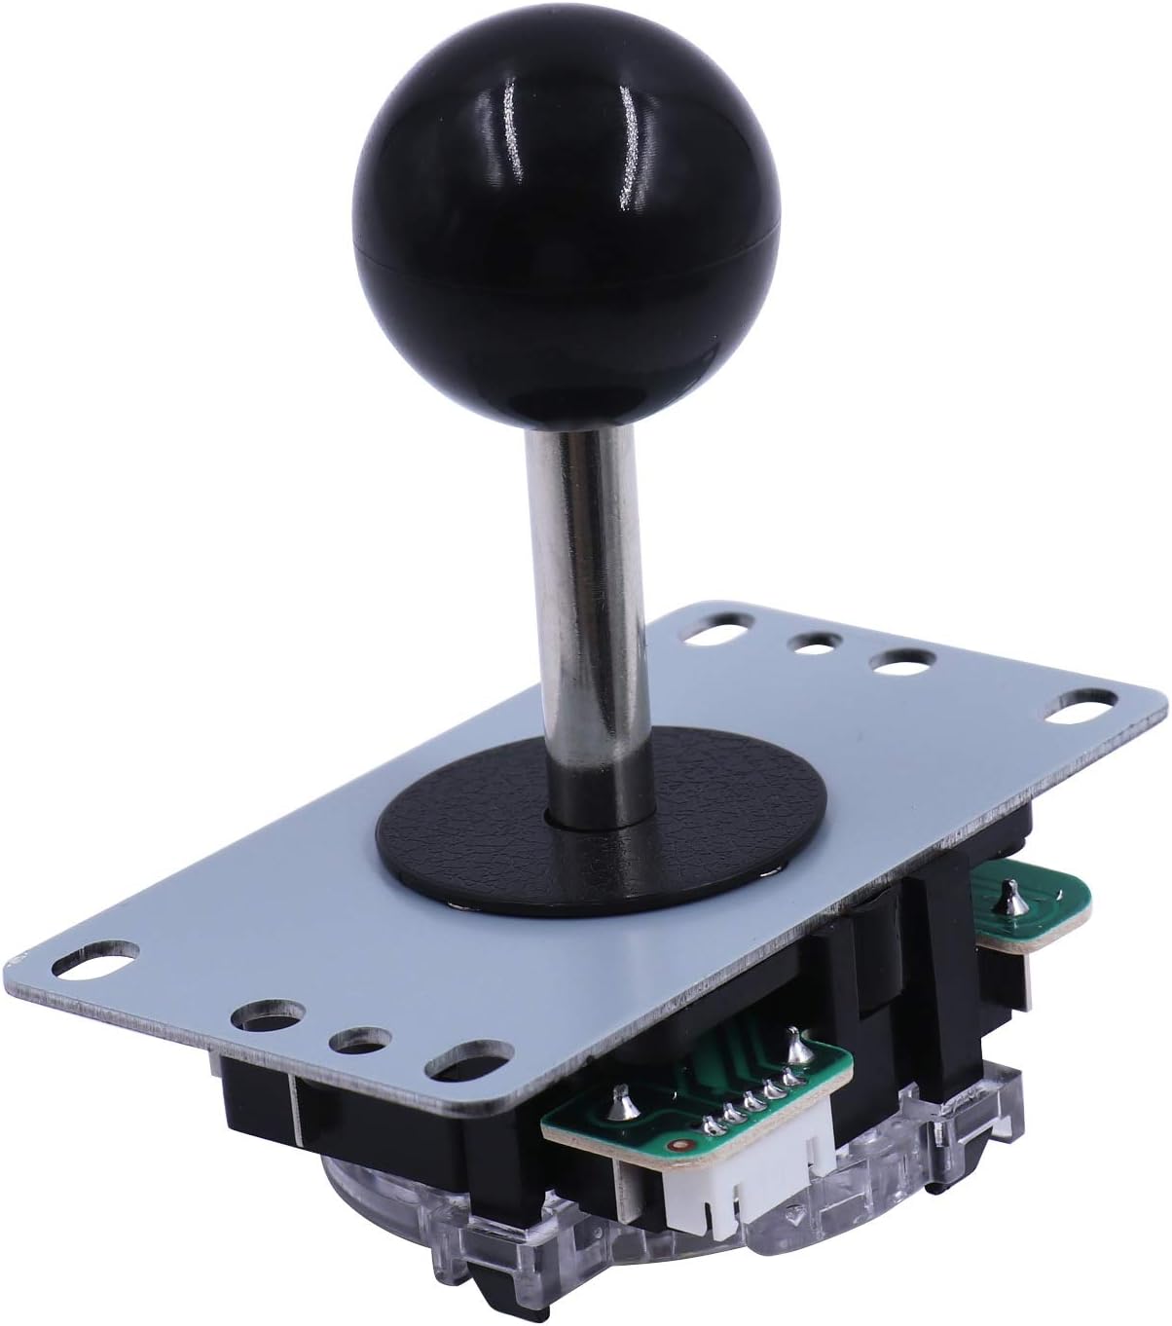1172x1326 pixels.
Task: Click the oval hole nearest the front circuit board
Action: pyautogui.click(x=471, y=1059)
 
